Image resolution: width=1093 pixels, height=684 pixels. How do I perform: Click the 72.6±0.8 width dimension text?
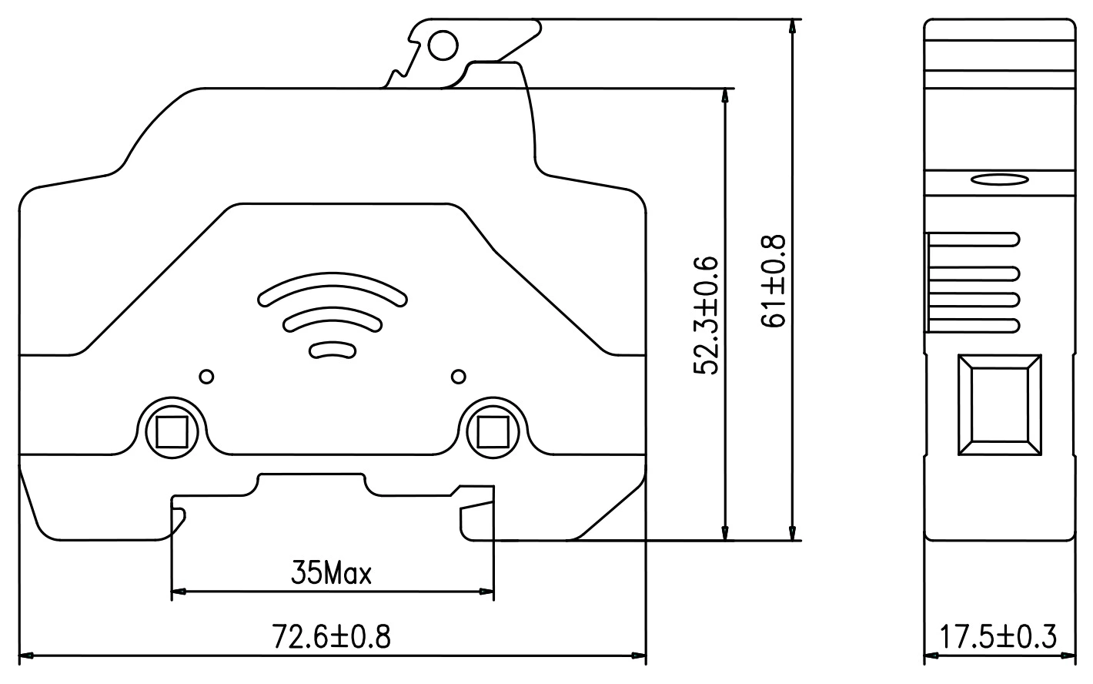tap(332, 637)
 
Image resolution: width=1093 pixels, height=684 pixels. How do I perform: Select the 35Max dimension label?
tap(331, 574)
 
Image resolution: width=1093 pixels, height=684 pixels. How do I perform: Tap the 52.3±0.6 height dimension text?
tap(706, 315)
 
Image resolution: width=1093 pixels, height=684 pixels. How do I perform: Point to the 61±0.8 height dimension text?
tap(774, 281)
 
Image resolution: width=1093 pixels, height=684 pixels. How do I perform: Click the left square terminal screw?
tap(171, 431)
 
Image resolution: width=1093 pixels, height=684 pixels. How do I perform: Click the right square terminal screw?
tap(493, 431)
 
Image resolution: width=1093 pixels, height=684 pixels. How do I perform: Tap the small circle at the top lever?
tap(443, 46)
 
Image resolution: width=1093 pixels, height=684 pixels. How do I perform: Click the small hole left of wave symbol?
tap(206, 377)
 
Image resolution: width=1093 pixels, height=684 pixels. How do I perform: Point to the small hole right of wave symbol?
tap(459, 377)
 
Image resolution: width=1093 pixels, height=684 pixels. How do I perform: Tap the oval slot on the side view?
tap(999, 180)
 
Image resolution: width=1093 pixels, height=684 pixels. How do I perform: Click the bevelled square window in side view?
tap(999, 405)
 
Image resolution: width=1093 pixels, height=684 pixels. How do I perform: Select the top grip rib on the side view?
tap(974, 240)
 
